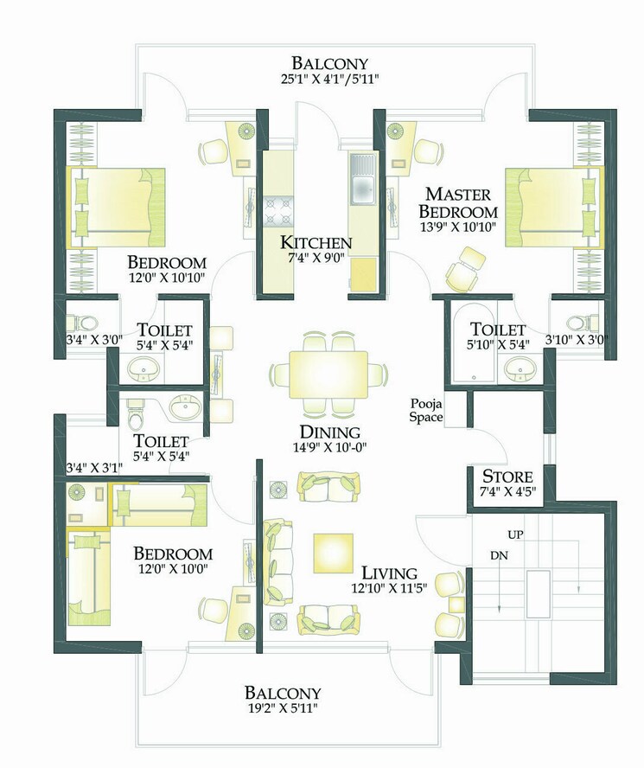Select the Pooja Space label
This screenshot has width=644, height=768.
[x=426, y=411]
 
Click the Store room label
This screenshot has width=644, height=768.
[x=507, y=477]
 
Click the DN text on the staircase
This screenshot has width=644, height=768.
[x=498, y=554]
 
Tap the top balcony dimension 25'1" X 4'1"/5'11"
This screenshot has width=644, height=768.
[x=329, y=79]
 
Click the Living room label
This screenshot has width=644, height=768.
[x=389, y=573]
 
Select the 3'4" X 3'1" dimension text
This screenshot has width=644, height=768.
[x=95, y=468]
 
